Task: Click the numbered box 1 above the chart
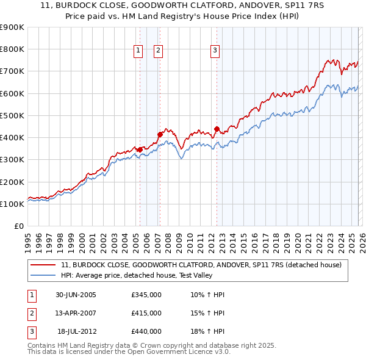coord(138,51)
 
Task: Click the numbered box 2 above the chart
coord(158,51)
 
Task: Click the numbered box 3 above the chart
coord(215,51)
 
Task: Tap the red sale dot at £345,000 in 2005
coord(140,149)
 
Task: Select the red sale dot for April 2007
coord(160,134)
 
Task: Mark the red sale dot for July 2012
coord(217,129)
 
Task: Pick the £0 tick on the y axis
coord(19,226)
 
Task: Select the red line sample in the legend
coord(43,265)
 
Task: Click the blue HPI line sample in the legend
coord(43,275)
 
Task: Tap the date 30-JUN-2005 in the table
coord(75,295)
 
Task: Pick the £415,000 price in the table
coord(146,313)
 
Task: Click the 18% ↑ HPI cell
coord(207,331)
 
